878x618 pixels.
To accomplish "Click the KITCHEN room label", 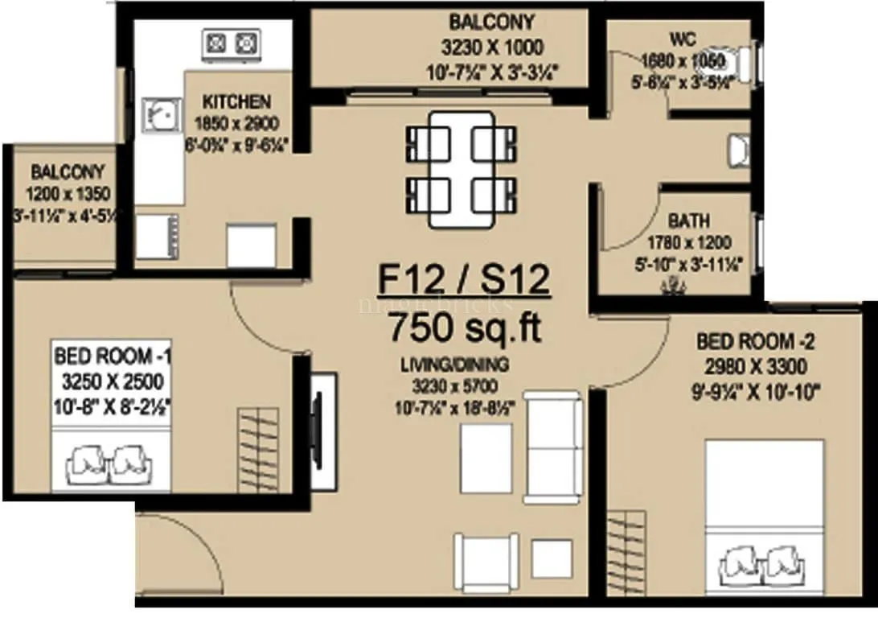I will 236,103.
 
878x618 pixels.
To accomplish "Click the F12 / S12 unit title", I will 464,282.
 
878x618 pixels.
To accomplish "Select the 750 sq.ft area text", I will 464,328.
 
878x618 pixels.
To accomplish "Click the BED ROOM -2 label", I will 756,342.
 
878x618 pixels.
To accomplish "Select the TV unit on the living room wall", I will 320,431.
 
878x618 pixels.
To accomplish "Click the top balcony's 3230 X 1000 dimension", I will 491,46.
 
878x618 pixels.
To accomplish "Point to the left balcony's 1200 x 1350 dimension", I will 68,194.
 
